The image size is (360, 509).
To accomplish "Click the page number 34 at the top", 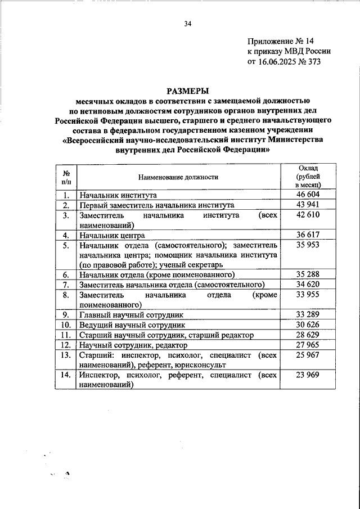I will (188, 24).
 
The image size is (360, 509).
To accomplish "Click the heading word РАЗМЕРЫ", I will (188, 91).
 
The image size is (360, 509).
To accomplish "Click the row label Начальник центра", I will (112, 236).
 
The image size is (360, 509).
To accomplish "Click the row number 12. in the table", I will (65, 345).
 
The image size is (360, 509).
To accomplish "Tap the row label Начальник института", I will (118, 196).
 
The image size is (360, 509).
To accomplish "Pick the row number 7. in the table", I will (65, 285).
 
